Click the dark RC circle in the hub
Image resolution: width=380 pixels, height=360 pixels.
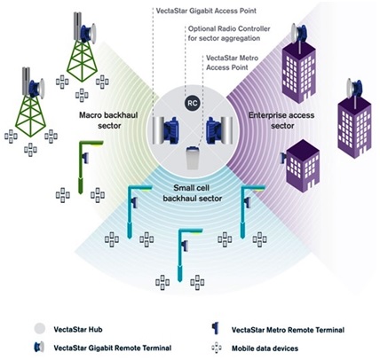click(x=193, y=103)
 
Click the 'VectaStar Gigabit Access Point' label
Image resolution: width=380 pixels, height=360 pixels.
click(x=206, y=11)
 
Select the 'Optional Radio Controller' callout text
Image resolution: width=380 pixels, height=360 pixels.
click(x=229, y=34)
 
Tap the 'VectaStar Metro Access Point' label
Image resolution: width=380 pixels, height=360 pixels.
click(x=232, y=63)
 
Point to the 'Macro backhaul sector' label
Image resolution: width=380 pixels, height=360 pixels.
click(x=108, y=121)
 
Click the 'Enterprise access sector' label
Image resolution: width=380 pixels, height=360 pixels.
click(x=281, y=121)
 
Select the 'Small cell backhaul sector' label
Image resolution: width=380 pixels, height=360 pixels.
click(x=193, y=193)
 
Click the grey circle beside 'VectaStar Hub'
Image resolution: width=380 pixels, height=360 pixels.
click(x=40, y=329)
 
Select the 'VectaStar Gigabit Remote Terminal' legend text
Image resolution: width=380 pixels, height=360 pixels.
click(x=113, y=348)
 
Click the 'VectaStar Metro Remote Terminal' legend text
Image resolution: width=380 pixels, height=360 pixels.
click(x=288, y=330)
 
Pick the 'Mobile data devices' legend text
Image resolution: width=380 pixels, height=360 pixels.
click(x=265, y=348)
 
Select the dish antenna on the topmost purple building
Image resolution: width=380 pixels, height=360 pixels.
click(x=299, y=33)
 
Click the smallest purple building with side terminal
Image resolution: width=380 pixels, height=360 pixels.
click(x=302, y=166)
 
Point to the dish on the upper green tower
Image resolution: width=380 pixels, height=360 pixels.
click(x=88, y=33)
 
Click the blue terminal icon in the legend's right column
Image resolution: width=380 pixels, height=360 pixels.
click(x=216, y=328)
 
